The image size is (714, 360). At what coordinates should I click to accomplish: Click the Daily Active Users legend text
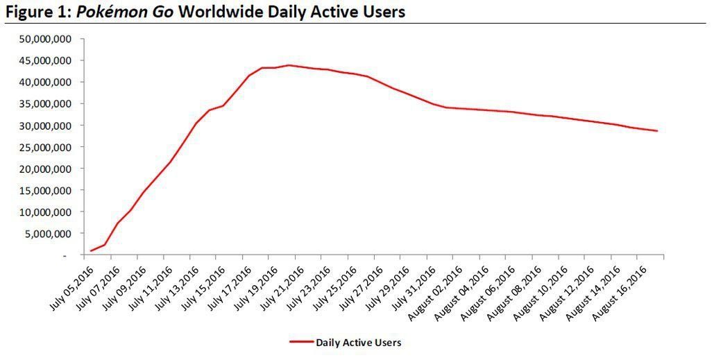[358, 342]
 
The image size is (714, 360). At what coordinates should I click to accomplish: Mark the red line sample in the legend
[301, 342]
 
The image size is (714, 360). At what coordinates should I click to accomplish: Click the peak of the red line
[289, 65]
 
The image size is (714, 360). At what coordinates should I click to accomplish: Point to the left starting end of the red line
[91, 250]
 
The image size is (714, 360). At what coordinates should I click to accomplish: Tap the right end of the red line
[656, 131]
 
